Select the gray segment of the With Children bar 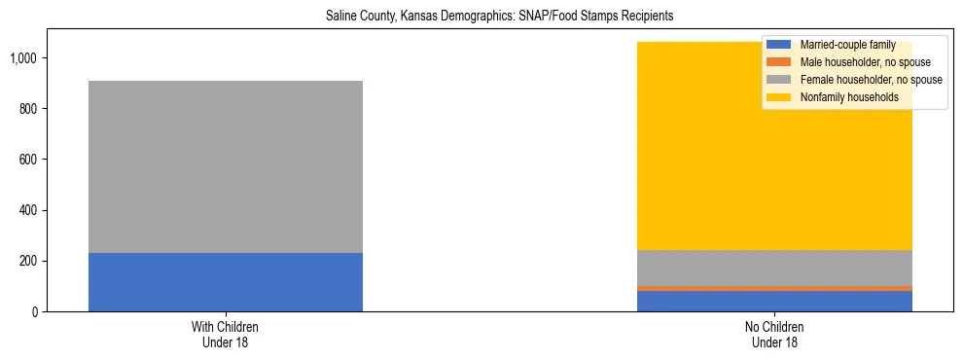point(226,166)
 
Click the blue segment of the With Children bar point(226,282)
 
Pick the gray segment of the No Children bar point(775,268)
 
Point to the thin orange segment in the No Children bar point(775,288)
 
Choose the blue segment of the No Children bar point(775,301)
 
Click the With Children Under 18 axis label point(226,335)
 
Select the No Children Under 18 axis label point(775,335)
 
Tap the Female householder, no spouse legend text point(871,80)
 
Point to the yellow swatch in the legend point(779,97)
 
